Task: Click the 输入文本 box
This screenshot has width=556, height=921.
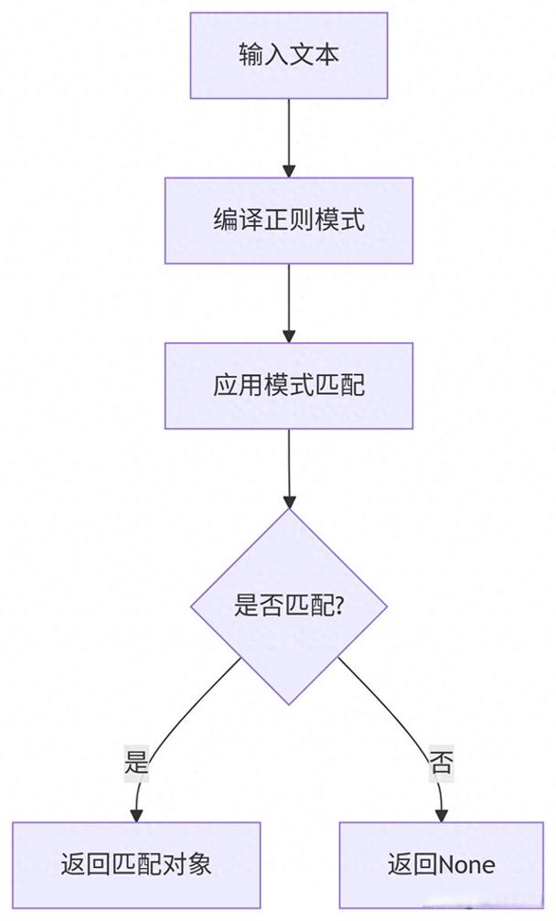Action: click(289, 55)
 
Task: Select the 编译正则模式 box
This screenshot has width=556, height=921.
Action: click(289, 220)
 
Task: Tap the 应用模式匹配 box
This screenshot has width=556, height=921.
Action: click(289, 385)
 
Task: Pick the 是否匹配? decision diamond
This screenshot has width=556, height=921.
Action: click(289, 605)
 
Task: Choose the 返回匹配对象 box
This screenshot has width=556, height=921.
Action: click(136, 864)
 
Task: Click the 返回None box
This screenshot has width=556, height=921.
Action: click(442, 864)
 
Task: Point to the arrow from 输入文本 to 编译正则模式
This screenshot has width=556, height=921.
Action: click(289, 137)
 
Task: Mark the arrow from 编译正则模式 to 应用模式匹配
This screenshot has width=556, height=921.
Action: click(289, 302)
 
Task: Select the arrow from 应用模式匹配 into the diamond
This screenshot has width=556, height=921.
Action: click(289, 466)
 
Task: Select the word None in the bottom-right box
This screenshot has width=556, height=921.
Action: click(467, 864)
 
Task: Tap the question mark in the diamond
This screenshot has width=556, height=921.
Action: click(339, 605)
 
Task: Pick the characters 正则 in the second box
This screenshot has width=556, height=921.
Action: click(289, 220)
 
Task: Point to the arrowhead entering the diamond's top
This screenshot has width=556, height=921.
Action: click(289, 501)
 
